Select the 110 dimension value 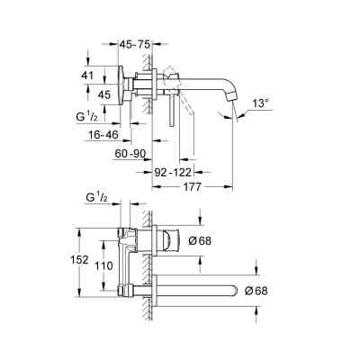coord(106,266)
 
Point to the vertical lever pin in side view coord(162,108)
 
